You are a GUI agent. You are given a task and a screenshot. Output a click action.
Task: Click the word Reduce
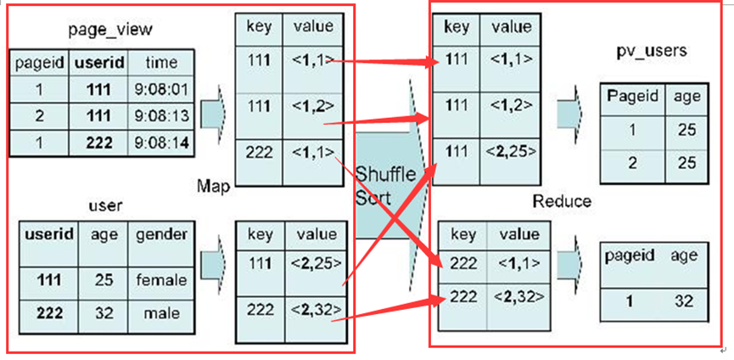coord(562,201)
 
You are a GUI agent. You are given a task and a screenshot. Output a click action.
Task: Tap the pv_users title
coord(651,51)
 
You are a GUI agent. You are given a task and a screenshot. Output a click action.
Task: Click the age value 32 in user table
coord(104,313)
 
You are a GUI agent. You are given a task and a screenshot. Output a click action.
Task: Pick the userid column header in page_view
coord(99,62)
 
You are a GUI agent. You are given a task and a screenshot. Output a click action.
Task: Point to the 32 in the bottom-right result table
coord(683,301)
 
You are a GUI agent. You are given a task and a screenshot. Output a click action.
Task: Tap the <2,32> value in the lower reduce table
coord(519,296)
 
